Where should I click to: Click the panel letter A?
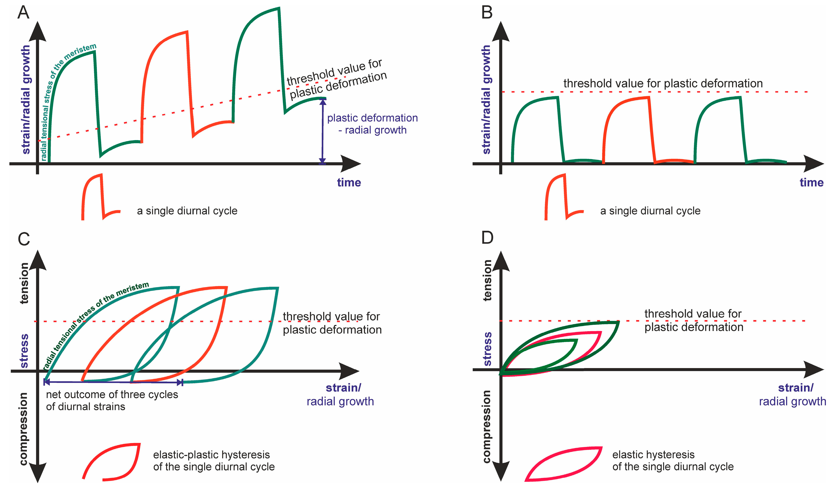tap(23, 13)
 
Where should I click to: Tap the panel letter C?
tap(24, 239)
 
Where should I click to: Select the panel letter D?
tap(487, 238)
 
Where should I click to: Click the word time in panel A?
tap(349, 183)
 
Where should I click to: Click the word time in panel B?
tap(811, 183)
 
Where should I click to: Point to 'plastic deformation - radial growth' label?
tap(372, 124)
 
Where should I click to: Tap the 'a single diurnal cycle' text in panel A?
tap(187, 211)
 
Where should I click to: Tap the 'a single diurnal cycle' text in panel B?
tap(650, 211)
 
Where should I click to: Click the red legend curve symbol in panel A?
tap(99, 199)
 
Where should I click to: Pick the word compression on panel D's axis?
tap(487, 427)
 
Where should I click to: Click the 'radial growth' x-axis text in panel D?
tap(792, 401)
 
